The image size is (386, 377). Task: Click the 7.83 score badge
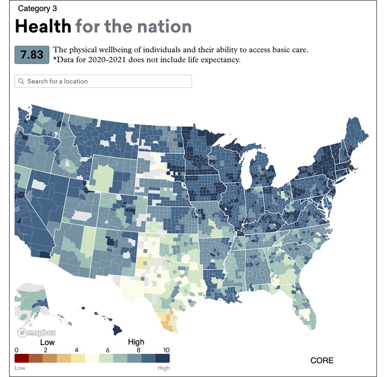point(32,55)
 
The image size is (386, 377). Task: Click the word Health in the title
point(43,26)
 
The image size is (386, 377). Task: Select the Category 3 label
point(37,8)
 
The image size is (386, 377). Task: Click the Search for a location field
point(103,81)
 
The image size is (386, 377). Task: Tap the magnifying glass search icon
point(21,81)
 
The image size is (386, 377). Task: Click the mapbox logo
point(37,333)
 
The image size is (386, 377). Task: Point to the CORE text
point(322,360)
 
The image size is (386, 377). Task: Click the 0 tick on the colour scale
point(16,350)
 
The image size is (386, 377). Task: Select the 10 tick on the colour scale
point(166,350)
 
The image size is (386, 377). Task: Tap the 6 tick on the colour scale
point(107,350)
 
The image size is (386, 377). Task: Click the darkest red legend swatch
point(22,358)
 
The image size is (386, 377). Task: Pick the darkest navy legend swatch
point(162,358)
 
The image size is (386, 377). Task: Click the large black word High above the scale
point(136,342)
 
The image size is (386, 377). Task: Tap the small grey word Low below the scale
point(20,368)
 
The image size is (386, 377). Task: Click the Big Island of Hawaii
point(118,330)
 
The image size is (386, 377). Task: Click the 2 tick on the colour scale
point(46,350)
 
